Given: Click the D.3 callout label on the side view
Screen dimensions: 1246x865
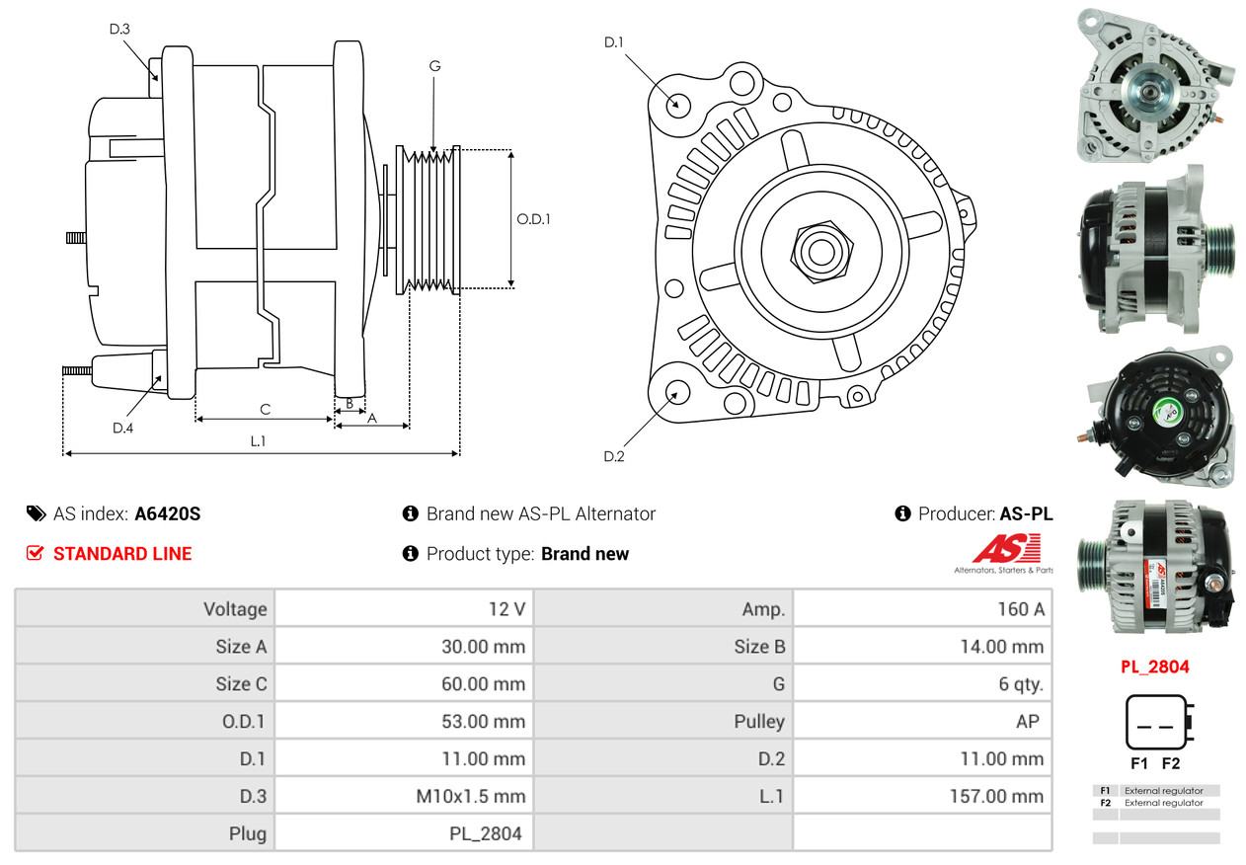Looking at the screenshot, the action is point(119,29).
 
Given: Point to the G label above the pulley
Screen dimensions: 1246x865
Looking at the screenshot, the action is point(435,66).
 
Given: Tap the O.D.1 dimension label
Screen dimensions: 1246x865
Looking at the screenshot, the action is point(533,219).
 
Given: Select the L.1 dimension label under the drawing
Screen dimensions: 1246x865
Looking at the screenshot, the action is point(258,441).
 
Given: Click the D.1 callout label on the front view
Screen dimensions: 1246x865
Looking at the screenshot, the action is point(614,42).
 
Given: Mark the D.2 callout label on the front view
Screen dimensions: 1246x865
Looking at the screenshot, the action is point(614,457).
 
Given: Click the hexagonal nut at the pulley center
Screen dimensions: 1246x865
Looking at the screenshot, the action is point(821,252).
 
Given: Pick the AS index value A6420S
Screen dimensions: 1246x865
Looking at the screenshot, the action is point(168,513).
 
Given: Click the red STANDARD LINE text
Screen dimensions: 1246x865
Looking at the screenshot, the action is point(122,554).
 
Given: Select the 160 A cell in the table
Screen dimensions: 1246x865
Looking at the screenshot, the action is point(923,609).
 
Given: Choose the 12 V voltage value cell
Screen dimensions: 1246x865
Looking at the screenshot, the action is point(404,609).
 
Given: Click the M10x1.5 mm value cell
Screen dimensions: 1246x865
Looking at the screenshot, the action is point(404,796).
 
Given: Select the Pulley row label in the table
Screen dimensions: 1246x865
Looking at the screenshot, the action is point(759,722).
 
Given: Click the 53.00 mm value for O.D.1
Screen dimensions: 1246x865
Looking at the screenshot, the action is point(484,722).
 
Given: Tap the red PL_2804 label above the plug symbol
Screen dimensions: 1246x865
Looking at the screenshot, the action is point(1155,667).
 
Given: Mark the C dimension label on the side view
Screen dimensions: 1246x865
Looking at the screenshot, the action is point(266,410).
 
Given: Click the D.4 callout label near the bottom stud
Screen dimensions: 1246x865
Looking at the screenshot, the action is point(123,428).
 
